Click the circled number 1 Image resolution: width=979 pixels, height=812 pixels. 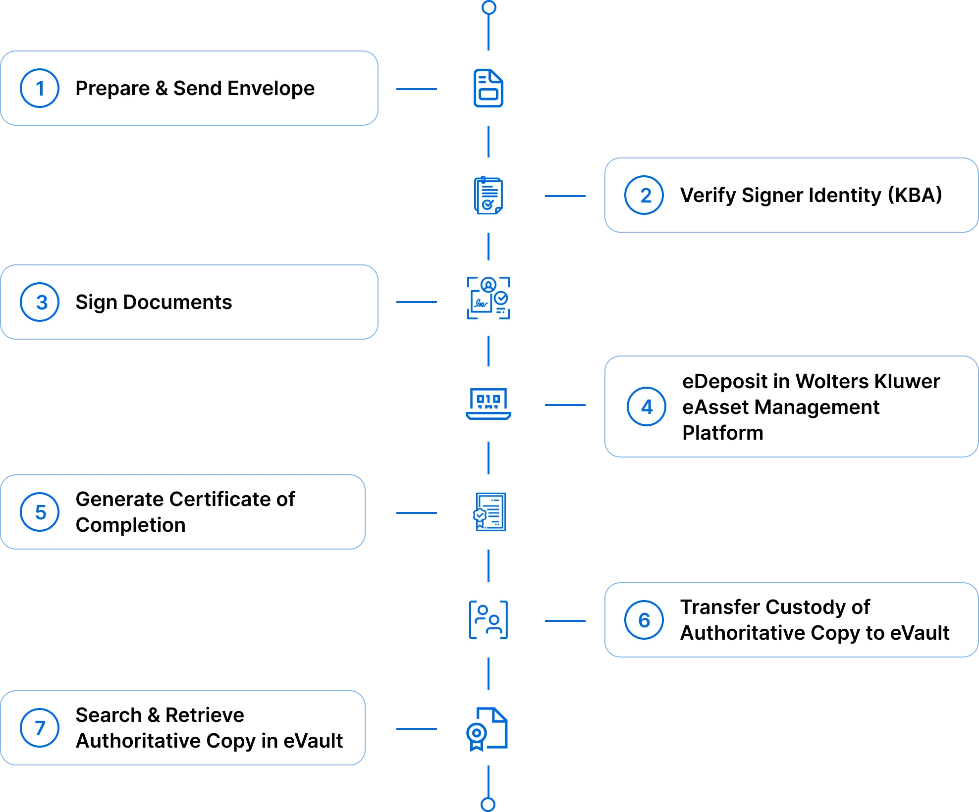click(40, 89)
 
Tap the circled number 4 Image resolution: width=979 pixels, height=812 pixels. click(647, 407)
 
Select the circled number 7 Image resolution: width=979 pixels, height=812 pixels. click(40, 728)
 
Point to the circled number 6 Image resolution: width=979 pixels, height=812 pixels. click(644, 620)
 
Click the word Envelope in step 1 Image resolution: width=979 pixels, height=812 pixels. click(271, 89)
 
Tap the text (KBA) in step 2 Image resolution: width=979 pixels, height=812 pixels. click(915, 195)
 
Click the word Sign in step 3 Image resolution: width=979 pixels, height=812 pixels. click(96, 302)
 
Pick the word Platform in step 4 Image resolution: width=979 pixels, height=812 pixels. click(722, 433)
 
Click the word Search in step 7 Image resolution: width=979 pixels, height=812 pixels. click(109, 715)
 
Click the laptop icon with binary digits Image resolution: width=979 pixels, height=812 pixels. click(489, 404)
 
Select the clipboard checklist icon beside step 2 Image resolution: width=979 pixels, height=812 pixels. click(489, 195)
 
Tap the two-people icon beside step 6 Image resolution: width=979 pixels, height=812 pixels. click(489, 620)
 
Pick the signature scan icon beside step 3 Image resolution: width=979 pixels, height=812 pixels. click(489, 298)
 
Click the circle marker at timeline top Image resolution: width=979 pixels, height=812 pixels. click(489, 7)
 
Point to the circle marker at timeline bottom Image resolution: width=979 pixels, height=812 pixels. click(488, 804)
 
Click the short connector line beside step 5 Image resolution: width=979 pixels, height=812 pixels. click(418, 513)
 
